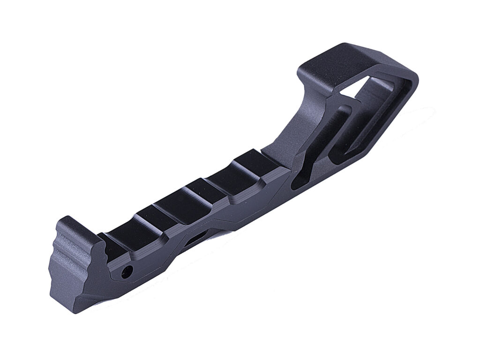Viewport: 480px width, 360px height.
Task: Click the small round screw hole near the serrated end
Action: (126, 271)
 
